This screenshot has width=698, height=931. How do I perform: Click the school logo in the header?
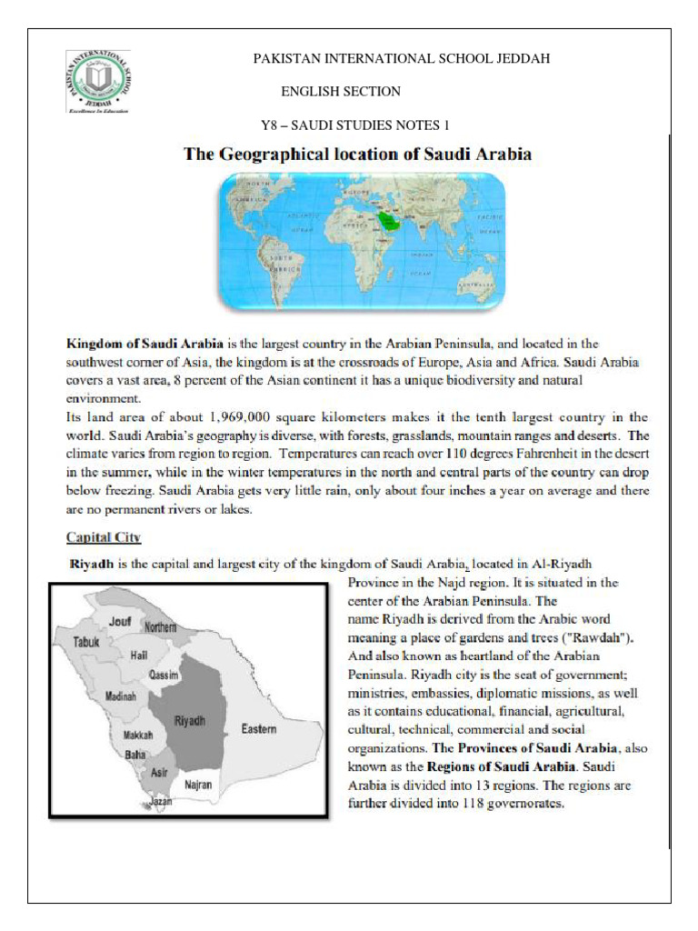coord(98,83)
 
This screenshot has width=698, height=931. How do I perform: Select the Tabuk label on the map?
coord(89,641)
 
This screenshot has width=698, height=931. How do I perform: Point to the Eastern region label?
coord(260,729)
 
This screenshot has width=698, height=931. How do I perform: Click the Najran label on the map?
coord(198,782)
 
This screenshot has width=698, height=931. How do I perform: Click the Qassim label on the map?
coord(164,676)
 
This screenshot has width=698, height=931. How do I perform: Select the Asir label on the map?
coord(159,772)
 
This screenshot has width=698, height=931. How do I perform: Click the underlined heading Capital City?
coord(104,537)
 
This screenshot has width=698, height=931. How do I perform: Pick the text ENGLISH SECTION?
coord(341,91)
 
